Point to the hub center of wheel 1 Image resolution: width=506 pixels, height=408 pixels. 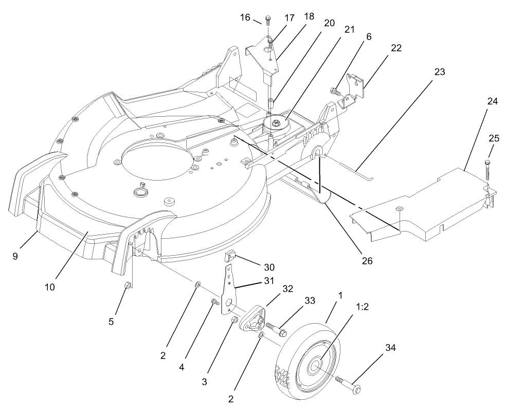314,366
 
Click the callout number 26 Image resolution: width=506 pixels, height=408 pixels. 367,260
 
